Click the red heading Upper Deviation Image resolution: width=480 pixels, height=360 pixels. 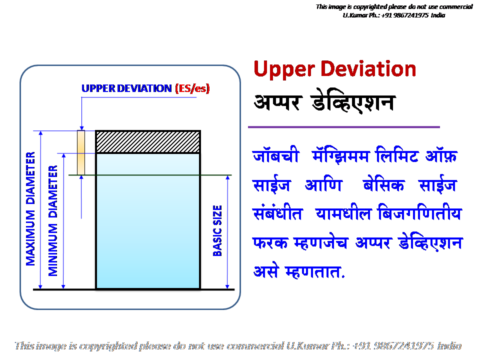[x=335, y=69]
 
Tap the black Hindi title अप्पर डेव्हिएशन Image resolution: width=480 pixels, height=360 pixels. [x=324, y=102]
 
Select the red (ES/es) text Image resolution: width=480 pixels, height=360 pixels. [x=192, y=88]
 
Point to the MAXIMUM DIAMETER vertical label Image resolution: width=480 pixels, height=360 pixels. [x=31, y=208]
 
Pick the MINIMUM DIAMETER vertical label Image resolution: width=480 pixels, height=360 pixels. [x=53, y=220]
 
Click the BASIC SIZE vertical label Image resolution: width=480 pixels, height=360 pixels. [x=217, y=230]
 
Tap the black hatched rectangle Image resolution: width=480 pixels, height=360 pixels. [x=148, y=141]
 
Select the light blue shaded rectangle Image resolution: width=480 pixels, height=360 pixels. [x=148, y=220]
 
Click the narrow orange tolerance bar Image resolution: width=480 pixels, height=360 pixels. [x=81, y=152]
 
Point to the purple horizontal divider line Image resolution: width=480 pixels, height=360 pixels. [x=344, y=127]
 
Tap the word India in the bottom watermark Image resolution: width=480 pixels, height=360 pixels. [x=449, y=345]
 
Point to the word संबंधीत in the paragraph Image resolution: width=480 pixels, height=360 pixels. [x=277, y=214]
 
